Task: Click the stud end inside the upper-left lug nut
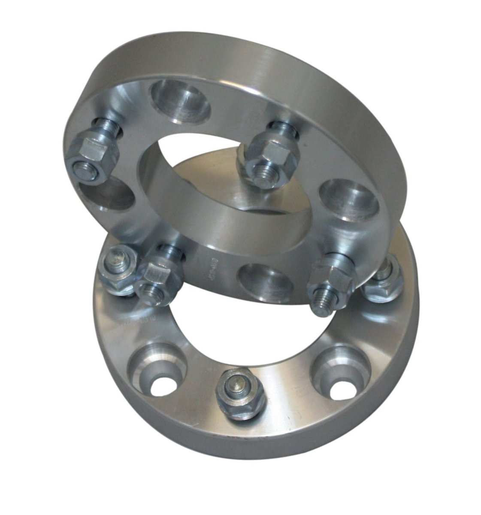click(x=82, y=168)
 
